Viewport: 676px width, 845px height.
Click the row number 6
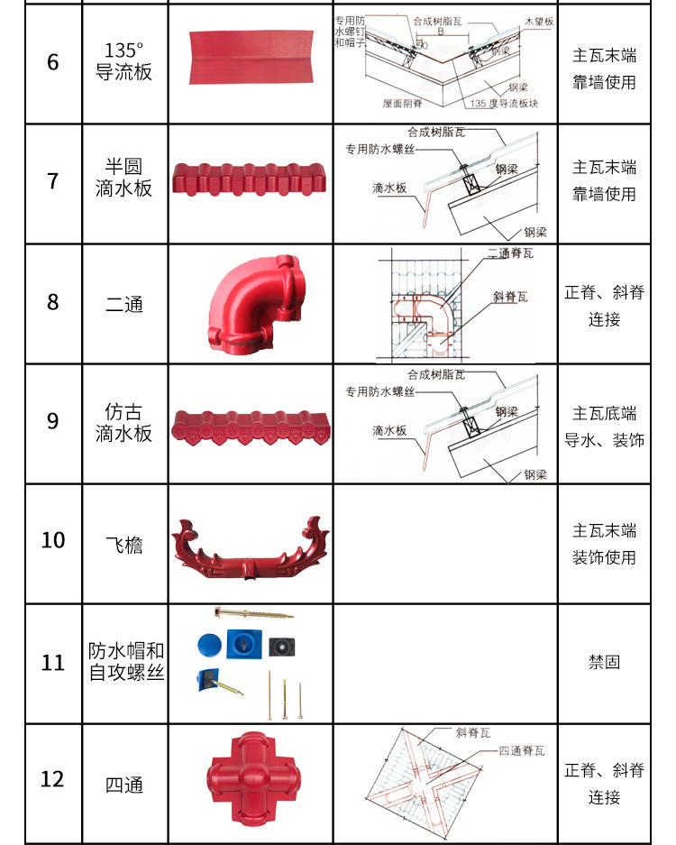click(x=52, y=62)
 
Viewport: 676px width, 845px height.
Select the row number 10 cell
click(x=52, y=540)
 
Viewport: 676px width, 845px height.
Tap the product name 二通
click(x=123, y=305)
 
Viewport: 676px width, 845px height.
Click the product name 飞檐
click(x=123, y=545)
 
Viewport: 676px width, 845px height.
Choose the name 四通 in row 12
click(x=123, y=785)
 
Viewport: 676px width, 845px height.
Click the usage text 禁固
click(x=604, y=662)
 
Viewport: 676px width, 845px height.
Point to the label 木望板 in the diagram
click(x=537, y=20)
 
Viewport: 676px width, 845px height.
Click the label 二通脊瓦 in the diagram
click(x=510, y=253)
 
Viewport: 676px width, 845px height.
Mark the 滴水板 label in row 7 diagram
click(x=389, y=188)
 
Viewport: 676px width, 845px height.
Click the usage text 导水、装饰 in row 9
click(x=604, y=441)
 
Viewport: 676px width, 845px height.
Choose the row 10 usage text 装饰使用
click(x=604, y=558)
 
